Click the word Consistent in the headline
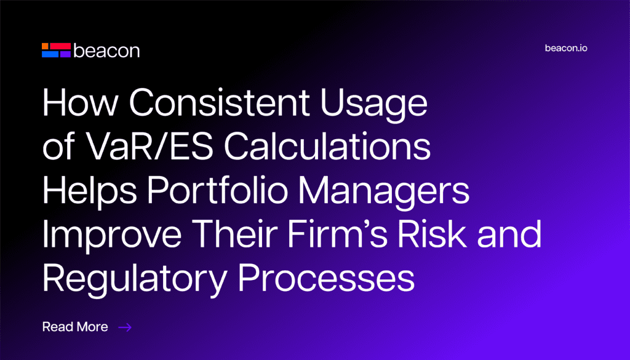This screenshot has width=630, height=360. [x=220, y=102]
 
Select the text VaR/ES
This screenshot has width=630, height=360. [x=150, y=146]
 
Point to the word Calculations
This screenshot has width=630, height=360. [x=327, y=146]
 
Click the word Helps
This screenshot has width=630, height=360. [x=90, y=192]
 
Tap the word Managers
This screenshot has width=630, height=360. [x=384, y=192]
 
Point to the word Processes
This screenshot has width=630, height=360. [x=326, y=278]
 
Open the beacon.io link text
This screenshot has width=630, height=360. [x=566, y=48]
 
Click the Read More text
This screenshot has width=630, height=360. [x=75, y=327]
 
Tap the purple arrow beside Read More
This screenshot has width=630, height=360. [x=125, y=327]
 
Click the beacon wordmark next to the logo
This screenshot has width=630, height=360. [x=106, y=51]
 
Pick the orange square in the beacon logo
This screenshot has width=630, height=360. [x=46, y=46]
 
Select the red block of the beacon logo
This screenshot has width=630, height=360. [x=60, y=46]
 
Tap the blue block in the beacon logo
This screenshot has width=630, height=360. [x=50, y=54]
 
